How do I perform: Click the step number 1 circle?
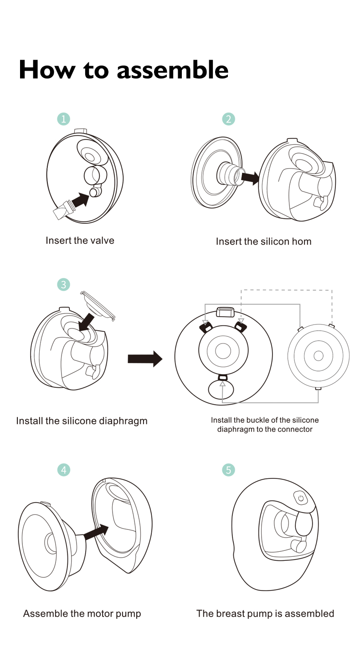coord(63,119)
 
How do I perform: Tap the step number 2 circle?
coord(228,119)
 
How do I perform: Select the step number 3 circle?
coord(63,285)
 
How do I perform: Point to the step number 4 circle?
coord(64,470)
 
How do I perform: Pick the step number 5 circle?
coord(228,470)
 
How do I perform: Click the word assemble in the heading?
coord(172,70)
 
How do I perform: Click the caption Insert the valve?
coord(80,240)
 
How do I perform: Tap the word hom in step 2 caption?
coord(301,241)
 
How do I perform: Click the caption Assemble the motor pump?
coord(82,613)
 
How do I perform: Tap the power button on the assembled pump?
coord(301,498)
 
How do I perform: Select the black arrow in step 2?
coord(249,178)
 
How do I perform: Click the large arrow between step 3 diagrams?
coord(145,359)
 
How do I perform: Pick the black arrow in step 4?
coord(97,532)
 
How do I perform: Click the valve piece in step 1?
coord(62,211)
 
